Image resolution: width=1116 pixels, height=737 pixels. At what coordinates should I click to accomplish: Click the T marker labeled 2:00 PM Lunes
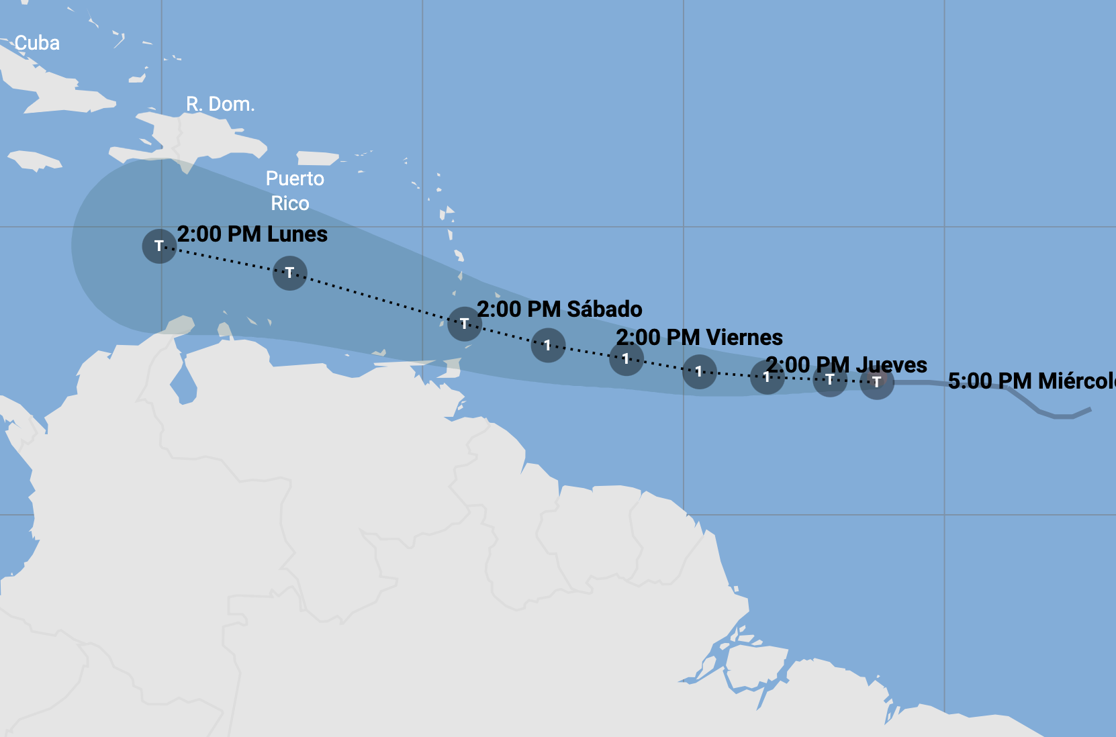click(159, 246)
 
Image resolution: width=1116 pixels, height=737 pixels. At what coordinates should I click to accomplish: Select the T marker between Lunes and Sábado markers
click(289, 273)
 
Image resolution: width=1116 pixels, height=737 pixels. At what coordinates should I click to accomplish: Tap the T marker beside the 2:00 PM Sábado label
click(464, 324)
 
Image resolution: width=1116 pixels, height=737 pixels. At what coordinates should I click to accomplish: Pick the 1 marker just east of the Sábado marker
click(548, 345)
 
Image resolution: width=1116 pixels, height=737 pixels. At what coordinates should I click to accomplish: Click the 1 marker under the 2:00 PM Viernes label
click(626, 358)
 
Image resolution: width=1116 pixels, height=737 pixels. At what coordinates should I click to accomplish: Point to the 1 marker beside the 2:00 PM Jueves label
click(766, 377)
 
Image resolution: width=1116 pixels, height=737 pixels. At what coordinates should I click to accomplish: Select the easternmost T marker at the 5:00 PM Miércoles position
click(876, 382)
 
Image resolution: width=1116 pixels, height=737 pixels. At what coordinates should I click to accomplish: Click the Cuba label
click(37, 43)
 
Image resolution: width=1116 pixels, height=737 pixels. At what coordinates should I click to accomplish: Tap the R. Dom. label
click(220, 104)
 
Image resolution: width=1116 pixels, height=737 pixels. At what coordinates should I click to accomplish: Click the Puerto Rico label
click(294, 191)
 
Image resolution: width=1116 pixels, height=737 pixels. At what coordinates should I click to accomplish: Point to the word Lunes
click(297, 234)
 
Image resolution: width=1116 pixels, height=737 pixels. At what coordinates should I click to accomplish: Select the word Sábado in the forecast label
click(604, 309)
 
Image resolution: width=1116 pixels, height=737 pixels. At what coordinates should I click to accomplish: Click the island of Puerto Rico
click(317, 158)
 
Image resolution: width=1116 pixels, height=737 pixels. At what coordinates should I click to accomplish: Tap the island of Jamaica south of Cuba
click(35, 160)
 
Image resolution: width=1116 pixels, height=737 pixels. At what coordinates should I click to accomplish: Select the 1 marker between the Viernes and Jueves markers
click(699, 371)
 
